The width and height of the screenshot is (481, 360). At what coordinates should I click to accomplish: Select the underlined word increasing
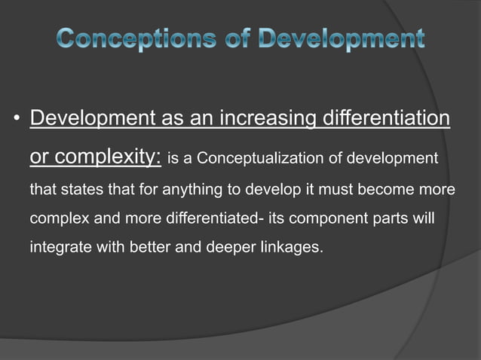tap(266, 119)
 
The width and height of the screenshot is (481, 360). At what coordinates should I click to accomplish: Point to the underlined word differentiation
tap(386, 119)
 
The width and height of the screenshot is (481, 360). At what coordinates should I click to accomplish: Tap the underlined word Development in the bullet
tap(93, 119)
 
